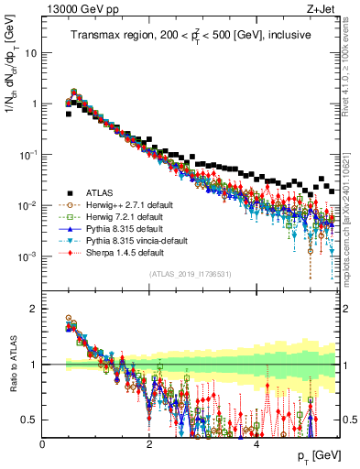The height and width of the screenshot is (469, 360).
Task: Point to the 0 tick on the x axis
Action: point(42,443)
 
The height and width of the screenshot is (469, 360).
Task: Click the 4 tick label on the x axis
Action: point(256,443)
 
